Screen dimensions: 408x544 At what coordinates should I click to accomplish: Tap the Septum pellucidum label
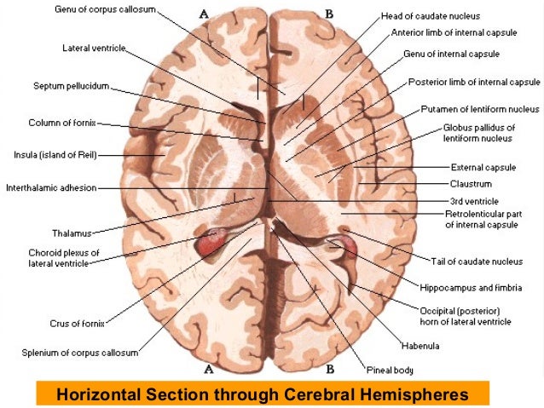(72, 86)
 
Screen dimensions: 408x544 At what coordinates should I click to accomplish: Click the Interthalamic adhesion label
(51, 187)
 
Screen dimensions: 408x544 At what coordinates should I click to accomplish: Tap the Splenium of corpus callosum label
(78, 352)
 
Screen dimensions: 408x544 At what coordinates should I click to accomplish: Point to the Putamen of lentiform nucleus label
(480, 109)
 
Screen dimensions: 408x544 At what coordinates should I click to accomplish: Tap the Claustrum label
(471, 183)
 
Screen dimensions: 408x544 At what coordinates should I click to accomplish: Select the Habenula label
(421, 345)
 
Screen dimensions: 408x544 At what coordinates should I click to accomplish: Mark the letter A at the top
(204, 14)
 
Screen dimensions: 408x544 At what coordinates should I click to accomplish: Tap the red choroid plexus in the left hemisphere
(211, 243)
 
